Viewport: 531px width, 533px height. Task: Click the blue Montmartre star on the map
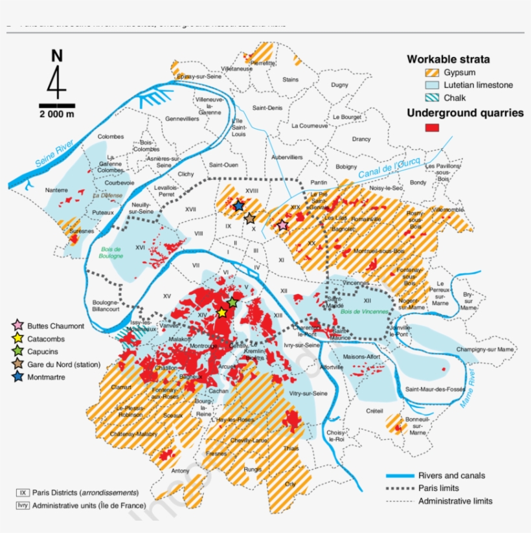point(238,206)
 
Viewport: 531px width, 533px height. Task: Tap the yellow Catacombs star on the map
point(221,313)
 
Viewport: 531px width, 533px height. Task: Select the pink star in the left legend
point(18,325)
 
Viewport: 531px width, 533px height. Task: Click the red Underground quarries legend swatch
point(431,128)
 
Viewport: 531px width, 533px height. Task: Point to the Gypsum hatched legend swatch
point(431,73)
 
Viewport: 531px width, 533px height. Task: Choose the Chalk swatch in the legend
point(431,98)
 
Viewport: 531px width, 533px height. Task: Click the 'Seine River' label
point(55,155)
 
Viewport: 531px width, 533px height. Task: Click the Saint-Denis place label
point(267,108)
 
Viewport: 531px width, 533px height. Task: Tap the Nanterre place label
point(56,190)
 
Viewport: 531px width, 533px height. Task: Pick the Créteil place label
point(375,411)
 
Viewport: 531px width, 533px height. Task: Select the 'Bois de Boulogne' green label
point(111,252)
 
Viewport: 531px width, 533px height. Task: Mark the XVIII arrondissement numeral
point(253,190)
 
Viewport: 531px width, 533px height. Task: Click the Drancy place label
point(361,139)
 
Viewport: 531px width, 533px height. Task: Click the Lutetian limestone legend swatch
point(431,85)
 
